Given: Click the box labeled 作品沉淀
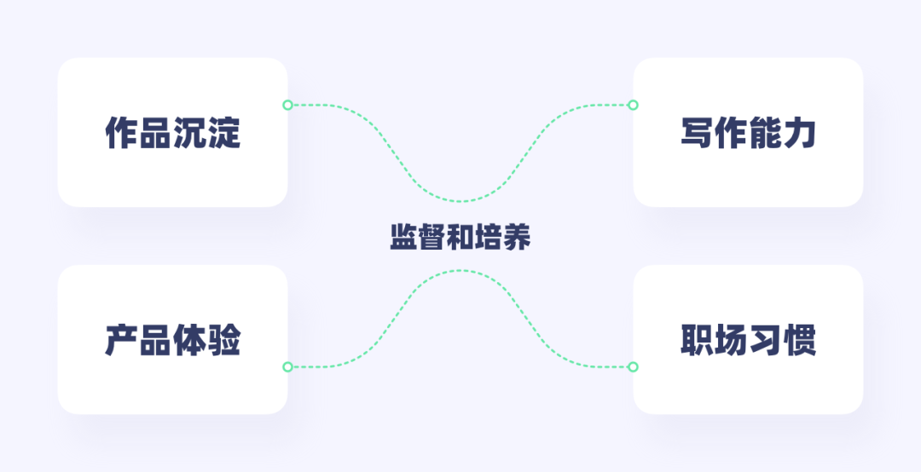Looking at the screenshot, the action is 172,132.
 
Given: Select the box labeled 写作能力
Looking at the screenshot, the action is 748,132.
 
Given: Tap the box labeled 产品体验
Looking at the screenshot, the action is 172,339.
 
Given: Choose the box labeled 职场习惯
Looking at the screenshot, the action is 748,339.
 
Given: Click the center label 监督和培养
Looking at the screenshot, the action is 460,237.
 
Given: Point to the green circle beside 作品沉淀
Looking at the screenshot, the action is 287,105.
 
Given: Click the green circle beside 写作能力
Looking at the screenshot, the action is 633,105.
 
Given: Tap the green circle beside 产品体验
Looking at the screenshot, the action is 287,366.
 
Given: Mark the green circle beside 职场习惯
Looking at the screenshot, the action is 633,366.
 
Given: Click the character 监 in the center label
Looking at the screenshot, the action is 404,237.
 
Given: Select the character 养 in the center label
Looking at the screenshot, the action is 517,237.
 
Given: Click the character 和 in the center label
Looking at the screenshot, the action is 460,237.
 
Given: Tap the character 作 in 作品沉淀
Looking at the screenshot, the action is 121,133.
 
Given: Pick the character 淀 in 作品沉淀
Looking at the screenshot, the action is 223,133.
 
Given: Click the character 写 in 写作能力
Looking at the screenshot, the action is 698,133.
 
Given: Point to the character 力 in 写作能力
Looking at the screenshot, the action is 800,133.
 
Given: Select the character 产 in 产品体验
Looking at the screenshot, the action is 121,340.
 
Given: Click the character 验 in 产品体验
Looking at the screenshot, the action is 223,340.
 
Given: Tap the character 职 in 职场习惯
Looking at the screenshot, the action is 698,340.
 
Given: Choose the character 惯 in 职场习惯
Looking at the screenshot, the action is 800,340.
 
